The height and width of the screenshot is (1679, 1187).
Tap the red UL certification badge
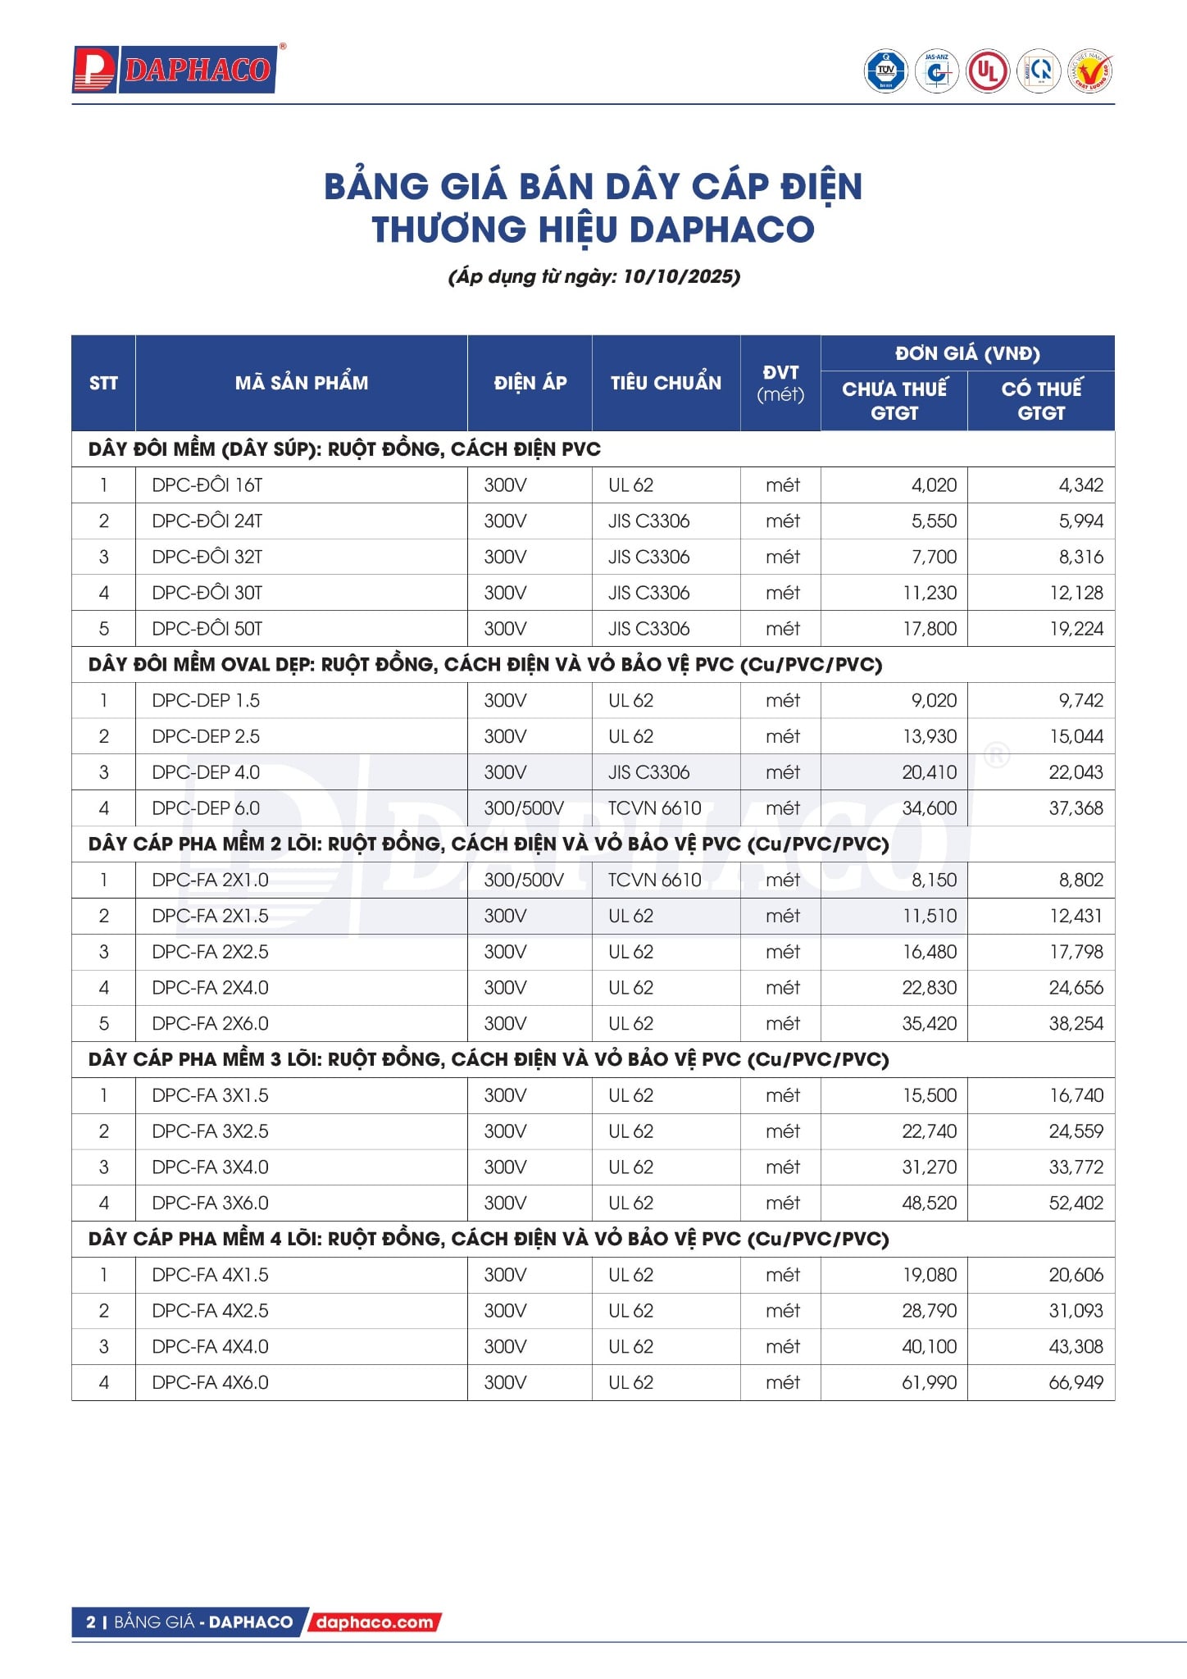click(x=987, y=71)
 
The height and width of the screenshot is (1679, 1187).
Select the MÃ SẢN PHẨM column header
click(x=302, y=383)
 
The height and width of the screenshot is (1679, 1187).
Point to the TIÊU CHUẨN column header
click(x=666, y=383)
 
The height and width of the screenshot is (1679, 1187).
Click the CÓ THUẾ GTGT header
click(x=1041, y=400)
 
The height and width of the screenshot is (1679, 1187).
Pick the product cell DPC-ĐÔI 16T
click(x=207, y=485)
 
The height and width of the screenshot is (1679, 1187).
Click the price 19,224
click(x=1076, y=629)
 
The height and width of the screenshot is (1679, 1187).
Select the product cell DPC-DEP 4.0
click(x=206, y=772)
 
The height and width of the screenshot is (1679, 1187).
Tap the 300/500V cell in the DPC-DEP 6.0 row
click(x=524, y=808)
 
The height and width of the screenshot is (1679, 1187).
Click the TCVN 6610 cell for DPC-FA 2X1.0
click(x=654, y=880)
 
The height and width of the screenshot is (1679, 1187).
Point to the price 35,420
click(x=930, y=1023)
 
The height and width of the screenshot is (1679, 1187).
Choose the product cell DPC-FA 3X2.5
click(x=211, y=1131)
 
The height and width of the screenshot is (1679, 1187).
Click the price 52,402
click(x=1076, y=1203)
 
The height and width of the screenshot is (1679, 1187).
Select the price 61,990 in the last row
click(x=930, y=1382)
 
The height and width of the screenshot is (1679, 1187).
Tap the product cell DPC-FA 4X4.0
click(x=211, y=1346)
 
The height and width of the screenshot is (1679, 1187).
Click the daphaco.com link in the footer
click(x=375, y=1622)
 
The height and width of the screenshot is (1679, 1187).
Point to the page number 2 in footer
click(x=91, y=1622)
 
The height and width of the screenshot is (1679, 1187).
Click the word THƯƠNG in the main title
click(x=448, y=230)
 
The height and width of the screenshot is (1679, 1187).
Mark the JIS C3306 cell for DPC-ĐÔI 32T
click(x=648, y=557)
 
